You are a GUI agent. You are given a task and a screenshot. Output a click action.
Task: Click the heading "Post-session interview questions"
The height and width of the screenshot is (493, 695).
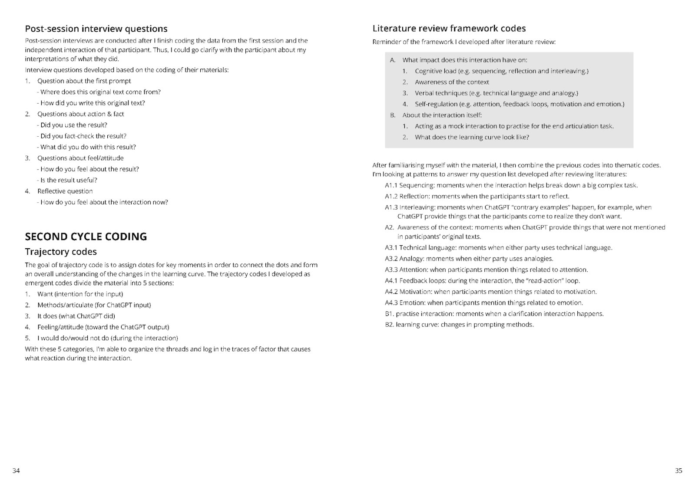click(x=96, y=29)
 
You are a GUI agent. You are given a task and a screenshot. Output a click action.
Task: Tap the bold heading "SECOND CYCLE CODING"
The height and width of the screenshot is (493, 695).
click(x=86, y=237)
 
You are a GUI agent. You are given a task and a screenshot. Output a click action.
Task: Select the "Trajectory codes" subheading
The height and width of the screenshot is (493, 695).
click(x=61, y=252)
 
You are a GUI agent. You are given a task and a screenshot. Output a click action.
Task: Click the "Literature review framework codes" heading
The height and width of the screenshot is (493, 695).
click(x=449, y=29)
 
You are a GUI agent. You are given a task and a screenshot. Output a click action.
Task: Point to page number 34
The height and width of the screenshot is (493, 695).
click(x=16, y=470)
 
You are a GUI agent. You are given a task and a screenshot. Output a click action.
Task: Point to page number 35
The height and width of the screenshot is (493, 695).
click(x=678, y=470)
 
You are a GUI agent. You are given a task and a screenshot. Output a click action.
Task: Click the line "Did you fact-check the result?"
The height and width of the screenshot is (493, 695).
click(x=83, y=136)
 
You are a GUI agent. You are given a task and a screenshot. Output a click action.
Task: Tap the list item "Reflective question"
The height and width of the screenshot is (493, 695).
click(x=65, y=191)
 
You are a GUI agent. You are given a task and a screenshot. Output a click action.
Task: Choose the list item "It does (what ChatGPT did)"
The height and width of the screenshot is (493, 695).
click(x=76, y=316)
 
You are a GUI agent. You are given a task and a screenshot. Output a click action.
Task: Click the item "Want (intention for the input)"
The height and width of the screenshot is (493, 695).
click(x=80, y=294)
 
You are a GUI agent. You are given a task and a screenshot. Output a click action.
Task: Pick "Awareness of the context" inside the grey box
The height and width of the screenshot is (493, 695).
click(x=452, y=82)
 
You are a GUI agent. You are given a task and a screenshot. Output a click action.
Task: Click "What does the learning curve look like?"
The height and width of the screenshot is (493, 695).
click(x=472, y=137)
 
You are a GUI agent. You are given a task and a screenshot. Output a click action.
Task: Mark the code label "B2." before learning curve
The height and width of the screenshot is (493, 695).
click(x=390, y=325)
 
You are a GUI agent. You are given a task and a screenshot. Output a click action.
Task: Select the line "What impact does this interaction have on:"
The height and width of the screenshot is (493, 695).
click(x=464, y=60)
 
